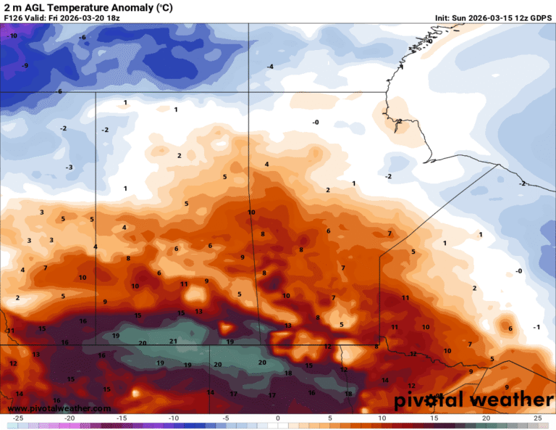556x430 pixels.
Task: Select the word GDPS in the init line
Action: pos(540,17)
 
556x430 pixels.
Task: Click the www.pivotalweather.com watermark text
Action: pos(59,409)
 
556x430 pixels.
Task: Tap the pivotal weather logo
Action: pos(473,400)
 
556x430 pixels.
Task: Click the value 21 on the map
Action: pos(173,341)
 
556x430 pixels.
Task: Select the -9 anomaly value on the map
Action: pos(25,66)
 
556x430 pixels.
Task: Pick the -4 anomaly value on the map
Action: pos(270,67)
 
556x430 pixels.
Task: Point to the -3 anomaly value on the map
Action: pos(69,168)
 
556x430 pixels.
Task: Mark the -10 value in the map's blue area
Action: pos(12,36)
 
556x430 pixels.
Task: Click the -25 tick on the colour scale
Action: pos(18,418)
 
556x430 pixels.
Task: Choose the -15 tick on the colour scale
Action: pos(122,418)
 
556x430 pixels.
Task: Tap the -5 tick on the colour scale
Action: pos(226,418)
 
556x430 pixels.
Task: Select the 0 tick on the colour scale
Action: pos(278,418)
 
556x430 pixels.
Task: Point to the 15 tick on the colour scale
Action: pos(434,418)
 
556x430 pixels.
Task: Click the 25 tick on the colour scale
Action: pos(537,418)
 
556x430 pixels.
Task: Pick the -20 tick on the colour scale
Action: pos(69,418)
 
